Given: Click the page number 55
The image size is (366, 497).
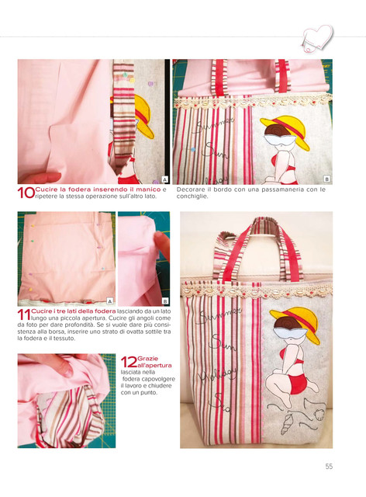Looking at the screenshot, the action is (x=329, y=466).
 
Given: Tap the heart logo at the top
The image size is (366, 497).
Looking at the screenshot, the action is (x=317, y=38).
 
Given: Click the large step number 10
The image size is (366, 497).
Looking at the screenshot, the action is (x=26, y=193).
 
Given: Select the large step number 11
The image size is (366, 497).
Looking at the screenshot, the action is (x=24, y=315).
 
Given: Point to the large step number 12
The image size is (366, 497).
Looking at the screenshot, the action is (x=129, y=362).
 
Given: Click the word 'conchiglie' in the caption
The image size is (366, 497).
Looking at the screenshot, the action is (x=188, y=196).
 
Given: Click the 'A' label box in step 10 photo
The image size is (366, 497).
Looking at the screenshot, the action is (x=164, y=179).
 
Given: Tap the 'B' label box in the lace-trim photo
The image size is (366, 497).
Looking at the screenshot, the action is (x=326, y=179).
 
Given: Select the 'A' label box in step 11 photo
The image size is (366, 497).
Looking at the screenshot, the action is (x=110, y=301).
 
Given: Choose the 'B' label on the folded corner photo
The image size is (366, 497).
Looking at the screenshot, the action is (x=165, y=301).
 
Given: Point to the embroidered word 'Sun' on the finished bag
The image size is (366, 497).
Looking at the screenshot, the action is (x=224, y=342).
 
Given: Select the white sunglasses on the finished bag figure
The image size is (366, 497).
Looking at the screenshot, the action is (x=290, y=333).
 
